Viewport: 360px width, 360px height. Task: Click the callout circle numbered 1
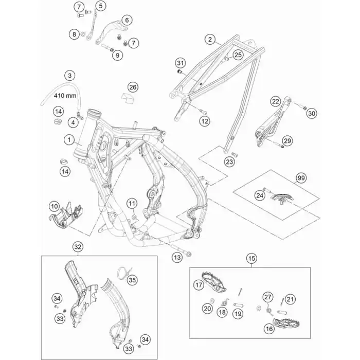click(x=69, y=139)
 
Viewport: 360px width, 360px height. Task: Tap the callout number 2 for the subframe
click(x=210, y=39)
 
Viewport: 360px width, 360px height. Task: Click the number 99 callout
click(x=301, y=178)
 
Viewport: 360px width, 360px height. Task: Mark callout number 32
click(x=78, y=247)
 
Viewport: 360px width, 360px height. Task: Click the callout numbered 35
click(x=132, y=280)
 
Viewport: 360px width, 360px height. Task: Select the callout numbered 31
click(x=180, y=63)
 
